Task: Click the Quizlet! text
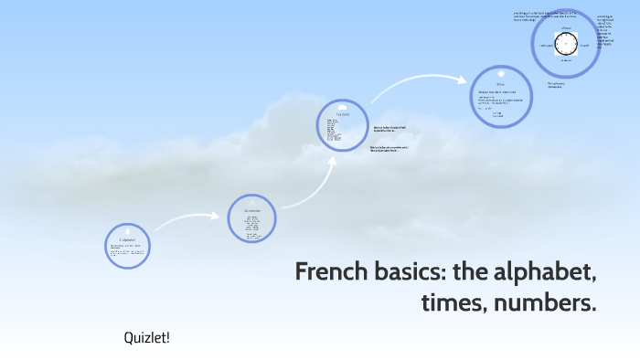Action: click(x=147, y=338)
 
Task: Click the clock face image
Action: click(x=565, y=45)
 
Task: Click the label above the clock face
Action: click(x=566, y=28)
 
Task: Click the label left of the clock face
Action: click(x=547, y=45)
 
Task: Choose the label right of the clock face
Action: click(x=584, y=45)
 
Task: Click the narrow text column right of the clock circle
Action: click(x=606, y=33)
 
